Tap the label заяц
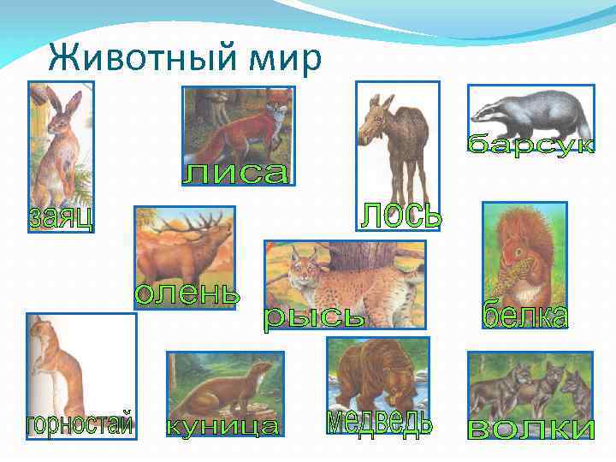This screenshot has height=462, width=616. pos(61,216)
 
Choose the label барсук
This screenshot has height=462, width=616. pos(531,144)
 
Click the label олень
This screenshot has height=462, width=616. pos(187,293)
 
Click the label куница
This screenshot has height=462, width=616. pos(222,425)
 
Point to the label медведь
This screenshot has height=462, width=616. pos(380,422)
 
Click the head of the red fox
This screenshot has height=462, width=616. pos(277,111)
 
